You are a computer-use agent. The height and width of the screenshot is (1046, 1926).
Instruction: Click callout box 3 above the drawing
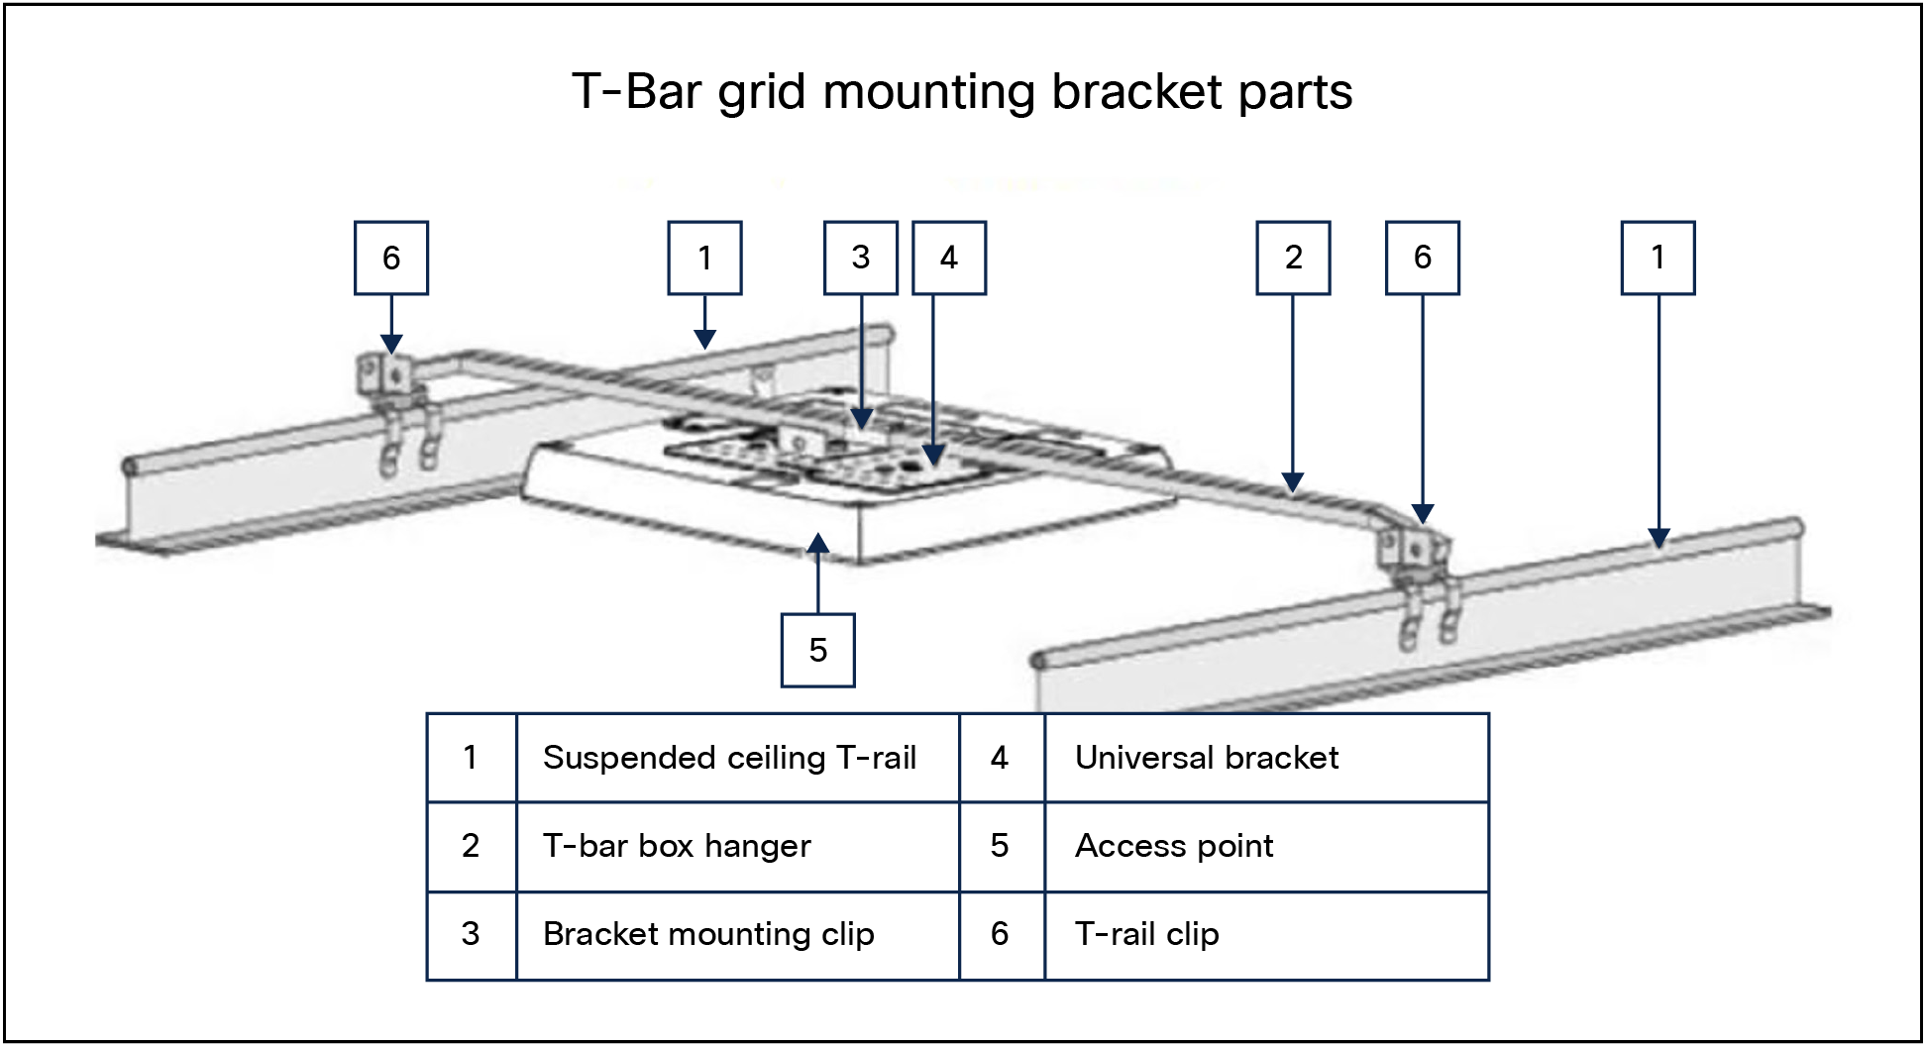860,258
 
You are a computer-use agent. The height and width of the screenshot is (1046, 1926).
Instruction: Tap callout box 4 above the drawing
949,258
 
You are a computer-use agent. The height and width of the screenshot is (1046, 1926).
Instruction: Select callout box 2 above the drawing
1293,258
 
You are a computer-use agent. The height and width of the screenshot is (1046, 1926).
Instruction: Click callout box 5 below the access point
817,650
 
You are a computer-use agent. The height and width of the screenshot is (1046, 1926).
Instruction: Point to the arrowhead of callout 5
817,543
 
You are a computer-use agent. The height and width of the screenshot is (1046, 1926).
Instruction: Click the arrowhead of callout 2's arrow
1293,482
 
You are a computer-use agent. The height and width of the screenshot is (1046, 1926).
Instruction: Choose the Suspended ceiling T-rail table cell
738,758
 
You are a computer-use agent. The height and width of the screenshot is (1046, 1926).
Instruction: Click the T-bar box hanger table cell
738,847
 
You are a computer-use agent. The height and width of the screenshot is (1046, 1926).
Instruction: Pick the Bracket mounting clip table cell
738,935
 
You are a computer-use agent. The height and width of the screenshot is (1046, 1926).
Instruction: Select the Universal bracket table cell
1266,758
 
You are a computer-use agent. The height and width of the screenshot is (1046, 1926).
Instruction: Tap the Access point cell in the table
1266,847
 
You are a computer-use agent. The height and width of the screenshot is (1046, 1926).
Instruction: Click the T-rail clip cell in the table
1266,935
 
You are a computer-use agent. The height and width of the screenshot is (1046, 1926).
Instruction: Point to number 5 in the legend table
1000,846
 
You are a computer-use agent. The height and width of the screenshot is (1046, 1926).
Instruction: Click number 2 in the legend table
471,846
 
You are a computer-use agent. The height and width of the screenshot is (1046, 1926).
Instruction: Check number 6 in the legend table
1000,934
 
